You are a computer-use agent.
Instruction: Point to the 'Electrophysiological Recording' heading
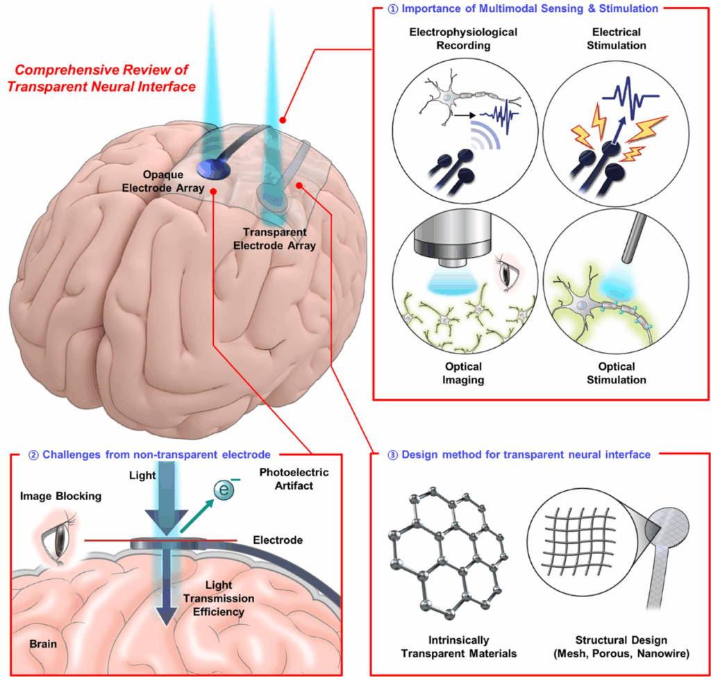[x=455, y=39]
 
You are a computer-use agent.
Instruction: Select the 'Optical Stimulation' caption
[x=615, y=373]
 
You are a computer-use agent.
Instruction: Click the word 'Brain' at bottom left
[x=43, y=644]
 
